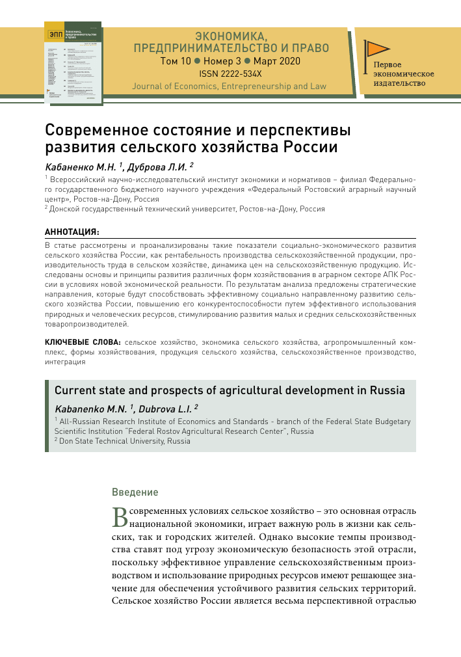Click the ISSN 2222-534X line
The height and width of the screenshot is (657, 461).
[230, 74]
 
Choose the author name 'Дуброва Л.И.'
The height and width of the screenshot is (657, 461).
[160, 167]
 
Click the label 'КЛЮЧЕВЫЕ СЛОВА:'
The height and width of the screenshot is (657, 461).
[83, 342]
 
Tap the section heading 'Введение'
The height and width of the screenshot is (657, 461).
[135, 492]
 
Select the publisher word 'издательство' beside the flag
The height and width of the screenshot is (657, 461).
[399, 83]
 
